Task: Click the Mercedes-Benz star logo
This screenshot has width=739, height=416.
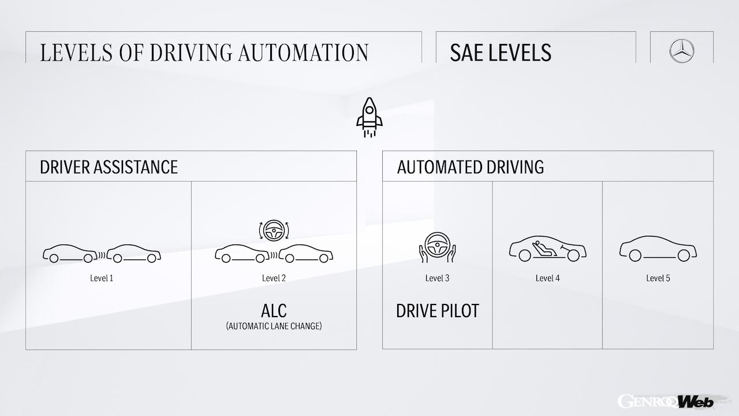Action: (x=682, y=50)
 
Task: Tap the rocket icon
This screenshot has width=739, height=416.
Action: (x=369, y=117)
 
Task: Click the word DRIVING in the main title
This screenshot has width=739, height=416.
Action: (x=185, y=52)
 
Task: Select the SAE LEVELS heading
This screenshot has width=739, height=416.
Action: (x=501, y=53)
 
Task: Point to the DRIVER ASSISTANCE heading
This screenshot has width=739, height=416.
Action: (x=109, y=167)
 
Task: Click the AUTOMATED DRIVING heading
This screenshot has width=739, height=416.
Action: (x=471, y=167)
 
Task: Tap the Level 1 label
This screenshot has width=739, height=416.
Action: (x=102, y=278)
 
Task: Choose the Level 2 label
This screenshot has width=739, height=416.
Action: (x=274, y=278)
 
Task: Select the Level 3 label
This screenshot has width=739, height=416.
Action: (x=437, y=278)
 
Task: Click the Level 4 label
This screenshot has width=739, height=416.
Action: (x=547, y=278)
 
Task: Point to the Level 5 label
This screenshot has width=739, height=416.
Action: (x=658, y=278)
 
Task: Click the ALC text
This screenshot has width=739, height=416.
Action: (x=274, y=310)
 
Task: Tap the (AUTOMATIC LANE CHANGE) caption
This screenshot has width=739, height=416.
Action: (x=274, y=326)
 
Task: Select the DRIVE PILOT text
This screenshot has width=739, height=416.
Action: (x=437, y=311)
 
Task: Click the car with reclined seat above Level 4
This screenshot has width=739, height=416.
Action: (x=547, y=248)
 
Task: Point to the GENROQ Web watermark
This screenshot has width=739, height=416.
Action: (x=665, y=401)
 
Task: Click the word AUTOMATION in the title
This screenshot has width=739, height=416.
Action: (x=303, y=52)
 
